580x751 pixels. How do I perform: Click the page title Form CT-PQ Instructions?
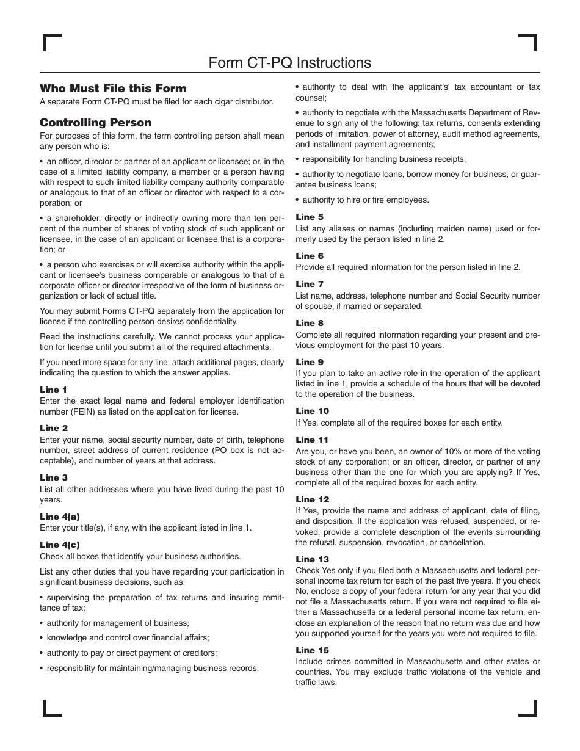pos(289,63)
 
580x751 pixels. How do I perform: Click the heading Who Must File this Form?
pos(113,89)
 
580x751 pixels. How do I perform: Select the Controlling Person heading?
pos(95,122)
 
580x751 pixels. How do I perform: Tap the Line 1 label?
pos(54,390)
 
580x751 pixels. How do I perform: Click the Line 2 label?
pos(54,428)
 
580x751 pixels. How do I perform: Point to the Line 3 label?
pos(54,477)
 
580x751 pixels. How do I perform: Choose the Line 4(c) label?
pos(60,545)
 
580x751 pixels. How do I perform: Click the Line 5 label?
pos(310,217)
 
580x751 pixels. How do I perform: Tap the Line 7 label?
pos(310,284)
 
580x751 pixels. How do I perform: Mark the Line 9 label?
pos(310,362)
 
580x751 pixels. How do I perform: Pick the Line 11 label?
pos(312,440)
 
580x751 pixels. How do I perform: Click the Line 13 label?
pos(312,559)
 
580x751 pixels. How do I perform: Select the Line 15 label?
pos(312,650)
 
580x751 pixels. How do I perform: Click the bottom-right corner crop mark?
pos(528,708)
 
